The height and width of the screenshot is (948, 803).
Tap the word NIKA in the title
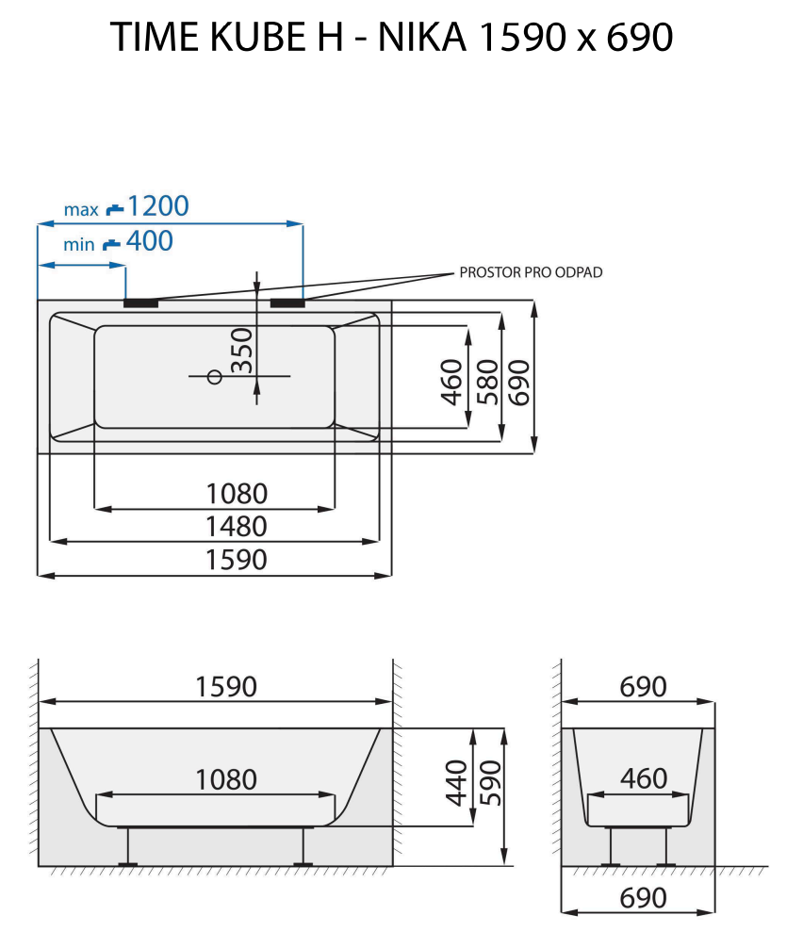[x=425, y=38]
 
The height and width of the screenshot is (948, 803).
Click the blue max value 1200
[x=158, y=205]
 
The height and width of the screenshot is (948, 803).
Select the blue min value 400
[x=150, y=241]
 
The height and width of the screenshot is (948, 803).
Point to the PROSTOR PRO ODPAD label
[x=531, y=272]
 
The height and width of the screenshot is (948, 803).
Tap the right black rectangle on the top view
[x=287, y=303]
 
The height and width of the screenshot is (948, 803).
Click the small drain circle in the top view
[x=214, y=377]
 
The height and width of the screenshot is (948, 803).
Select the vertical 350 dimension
[x=242, y=351]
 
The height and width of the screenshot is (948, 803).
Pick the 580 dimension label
[x=486, y=381]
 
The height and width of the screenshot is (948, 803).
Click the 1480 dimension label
[x=238, y=527]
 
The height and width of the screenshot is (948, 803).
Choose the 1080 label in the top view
[x=238, y=493]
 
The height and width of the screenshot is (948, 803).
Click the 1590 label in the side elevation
[x=226, y=687]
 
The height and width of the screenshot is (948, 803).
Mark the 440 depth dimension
[x=454, y=782]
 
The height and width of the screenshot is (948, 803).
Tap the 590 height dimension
[x=488, y=782]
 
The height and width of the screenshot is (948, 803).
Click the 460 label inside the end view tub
[x=644, y=779]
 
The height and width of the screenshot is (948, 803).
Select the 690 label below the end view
[x=644, y=898]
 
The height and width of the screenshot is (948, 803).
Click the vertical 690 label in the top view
[x=520, y=381]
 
